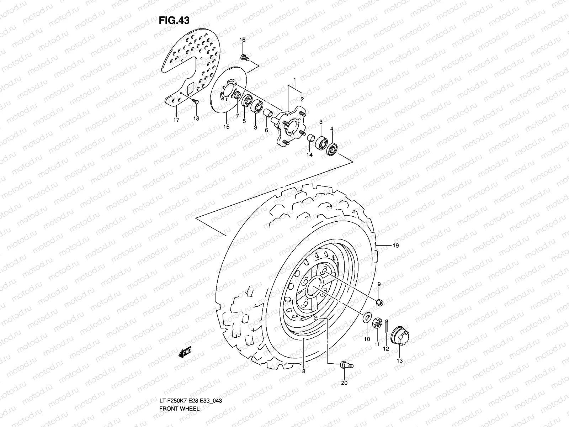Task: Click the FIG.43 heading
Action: [174, 20]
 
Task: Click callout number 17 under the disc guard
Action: [176, 120]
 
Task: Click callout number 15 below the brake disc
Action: [226, 127]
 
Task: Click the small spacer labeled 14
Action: [310, 138]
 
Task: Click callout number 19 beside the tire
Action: [396, 246]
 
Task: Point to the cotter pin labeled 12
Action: [387, 326]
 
